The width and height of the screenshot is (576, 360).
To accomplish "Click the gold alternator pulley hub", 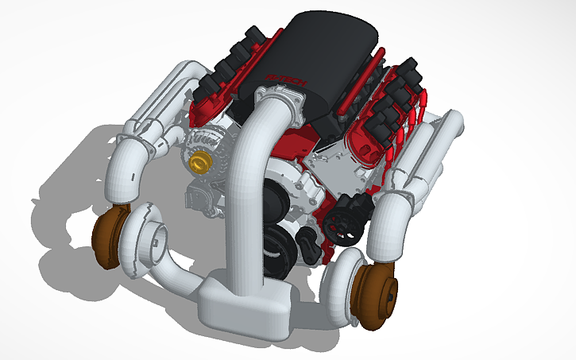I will click(x=199, y=164).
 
